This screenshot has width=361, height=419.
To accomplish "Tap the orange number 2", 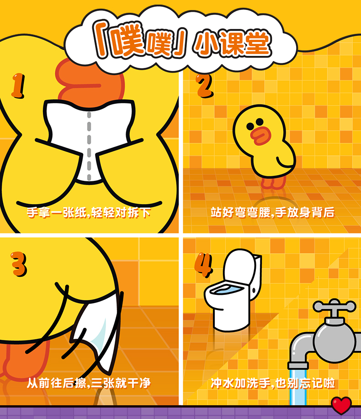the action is pos(205,86).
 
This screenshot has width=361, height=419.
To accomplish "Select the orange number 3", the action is pos(19,264).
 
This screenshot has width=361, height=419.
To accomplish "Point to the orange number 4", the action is pos(203,265).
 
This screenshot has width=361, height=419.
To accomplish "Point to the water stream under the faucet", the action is pos(297,387).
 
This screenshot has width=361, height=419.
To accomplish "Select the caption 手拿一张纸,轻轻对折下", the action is pos(89,213).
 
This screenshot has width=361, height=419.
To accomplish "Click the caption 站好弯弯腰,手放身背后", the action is pos(272,213).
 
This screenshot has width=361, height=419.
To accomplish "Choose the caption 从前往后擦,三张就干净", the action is pos(89,383).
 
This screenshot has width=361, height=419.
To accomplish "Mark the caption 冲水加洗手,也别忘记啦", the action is pos(273,383).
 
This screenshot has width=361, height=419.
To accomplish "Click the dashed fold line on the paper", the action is pos(89,146).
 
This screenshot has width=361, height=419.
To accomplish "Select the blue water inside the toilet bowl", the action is pos(227,290).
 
